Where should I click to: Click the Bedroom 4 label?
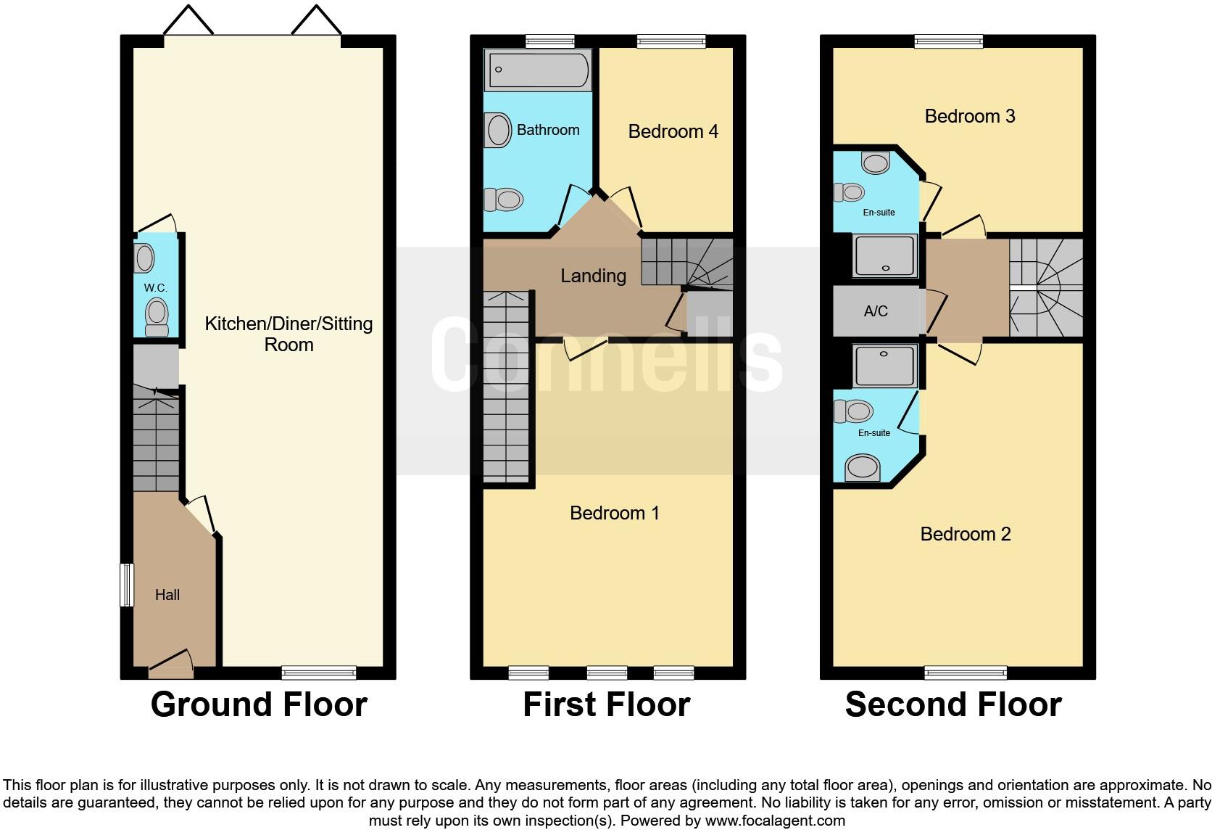pos(673,131)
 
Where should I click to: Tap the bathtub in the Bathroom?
pos(538,70)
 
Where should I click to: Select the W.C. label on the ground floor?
pos(155,288)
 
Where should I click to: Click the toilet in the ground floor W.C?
pos(157,318)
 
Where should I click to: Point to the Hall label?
pos(167,595)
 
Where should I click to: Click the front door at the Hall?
pos(171,664)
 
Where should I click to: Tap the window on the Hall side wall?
pos(127,585)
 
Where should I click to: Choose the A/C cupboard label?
pos(876,311)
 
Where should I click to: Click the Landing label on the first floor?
pos(593,276)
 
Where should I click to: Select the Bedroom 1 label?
pos(615,513)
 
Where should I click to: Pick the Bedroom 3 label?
pos(969,116)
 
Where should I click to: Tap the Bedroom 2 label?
pos(965,534)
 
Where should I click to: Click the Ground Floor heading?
pos(259,704)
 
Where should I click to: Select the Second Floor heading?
pos(952,704)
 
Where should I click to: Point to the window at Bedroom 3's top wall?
pos(948,41)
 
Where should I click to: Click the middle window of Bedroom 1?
pos(607,673)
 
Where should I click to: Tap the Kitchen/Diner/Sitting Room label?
pos(289,334)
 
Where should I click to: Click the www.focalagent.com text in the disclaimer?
pos(774,821)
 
